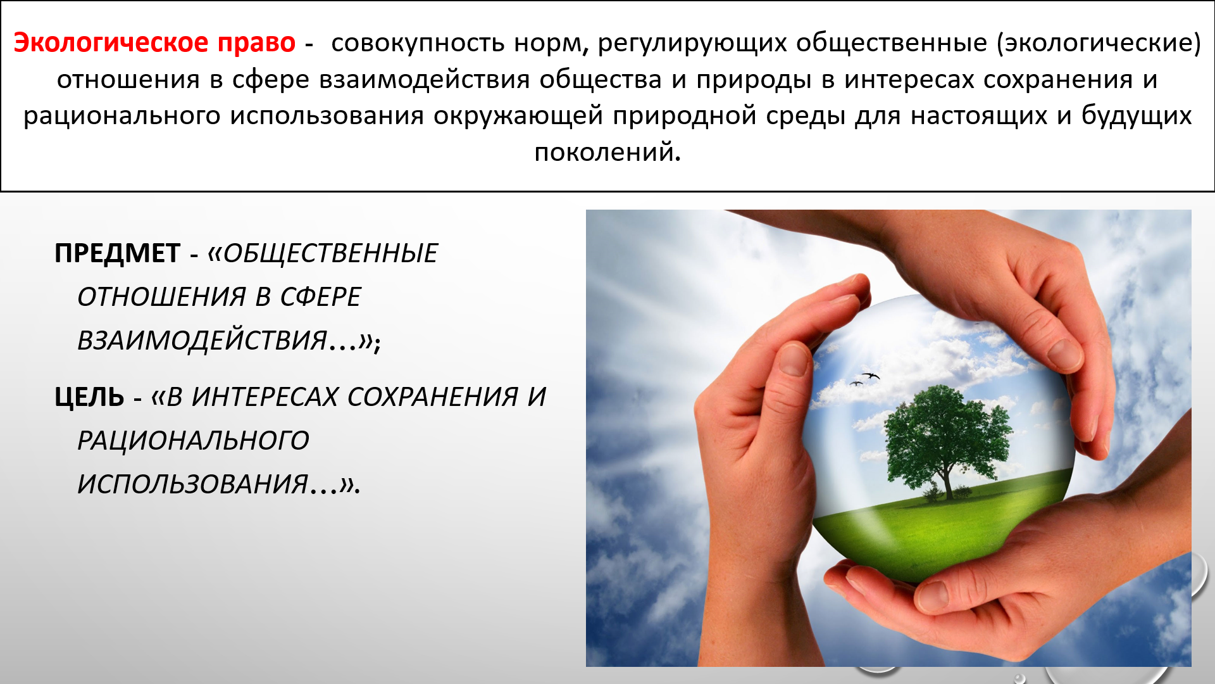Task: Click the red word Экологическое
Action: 111,42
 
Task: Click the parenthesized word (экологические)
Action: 1099,43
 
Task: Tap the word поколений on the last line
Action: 607,153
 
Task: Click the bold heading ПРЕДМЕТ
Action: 118,253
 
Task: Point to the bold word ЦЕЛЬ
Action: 89,397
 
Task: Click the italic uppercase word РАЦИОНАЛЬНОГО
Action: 193,440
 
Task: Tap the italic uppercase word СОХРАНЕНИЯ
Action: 433,397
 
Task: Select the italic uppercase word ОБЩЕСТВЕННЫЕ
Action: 330,253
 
